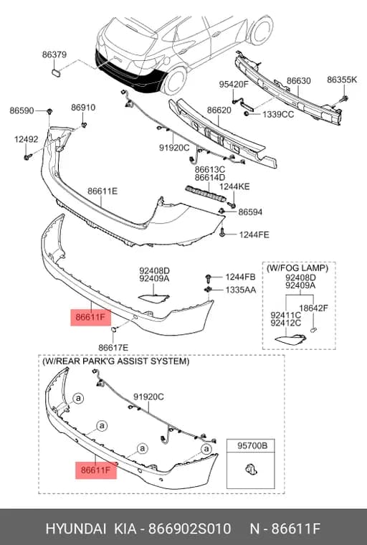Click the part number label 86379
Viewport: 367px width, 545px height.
pyautogui.click(x=54, y=54)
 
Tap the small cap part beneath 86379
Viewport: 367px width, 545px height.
pyautogui.click(x=56, y=72)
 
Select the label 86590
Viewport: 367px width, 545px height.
pyautogui.click(x=22, y=111)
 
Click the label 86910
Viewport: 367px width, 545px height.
pyautogui.click(x=83, y=108)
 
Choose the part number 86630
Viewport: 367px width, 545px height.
pyautogui.click(x=298, y=80)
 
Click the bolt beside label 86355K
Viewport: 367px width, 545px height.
pyautogui.click(x=344, y=100)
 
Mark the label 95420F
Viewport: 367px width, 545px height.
pyautogui.click(x=234, y=84)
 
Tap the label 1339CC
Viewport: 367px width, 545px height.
pyautogui.click(x=278, y=114)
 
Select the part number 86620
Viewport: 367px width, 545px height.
pyautogui.click(x=219, y=110)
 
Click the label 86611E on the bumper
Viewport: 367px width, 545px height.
pyautogui.click(x=103, y=191)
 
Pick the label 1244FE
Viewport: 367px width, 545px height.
pyautogui.click(x=254, y=235)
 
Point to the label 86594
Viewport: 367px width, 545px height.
pyautogui.click(x=250, y=212)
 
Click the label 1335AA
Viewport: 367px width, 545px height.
pyautogui.click(x=241, y=290)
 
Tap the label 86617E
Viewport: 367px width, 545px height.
pyautogui.click(x=113, y=348)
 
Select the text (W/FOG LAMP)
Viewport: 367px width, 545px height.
pyautogui.click(x=297, y=268)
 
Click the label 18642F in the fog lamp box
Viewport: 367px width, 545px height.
pyautogui.click(x=313, y=308)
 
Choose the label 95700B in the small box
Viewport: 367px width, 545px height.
pyautogui.click(x=252, y=445)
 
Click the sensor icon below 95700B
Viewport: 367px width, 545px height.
pyautogui.click(x=251, y=470)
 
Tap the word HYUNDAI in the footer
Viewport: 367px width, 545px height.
pyautogui.click(x=75, y=529)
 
